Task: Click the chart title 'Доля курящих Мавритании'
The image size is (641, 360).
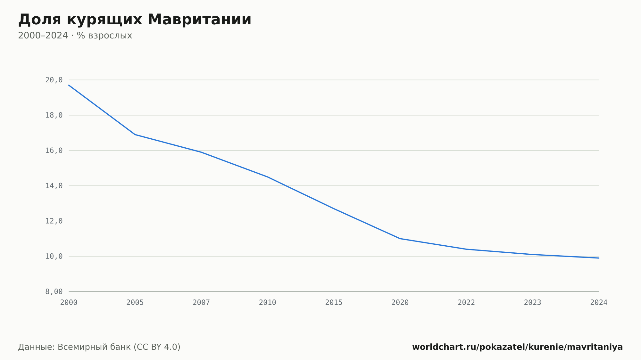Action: (135, 20)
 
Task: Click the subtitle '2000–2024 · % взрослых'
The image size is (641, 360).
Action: (75, 36)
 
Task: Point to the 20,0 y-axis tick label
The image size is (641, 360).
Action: (54, 80)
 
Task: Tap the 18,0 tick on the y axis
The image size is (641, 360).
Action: (54, 115)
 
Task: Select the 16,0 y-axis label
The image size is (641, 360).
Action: (54, 151)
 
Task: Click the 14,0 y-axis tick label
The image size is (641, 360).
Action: (54, 186)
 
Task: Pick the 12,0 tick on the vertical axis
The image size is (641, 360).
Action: (54, 221)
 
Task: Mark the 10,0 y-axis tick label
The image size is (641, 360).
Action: (54, 256)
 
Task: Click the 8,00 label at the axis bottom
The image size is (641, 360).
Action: (54, 291)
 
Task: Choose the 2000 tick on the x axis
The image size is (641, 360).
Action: (69, 303)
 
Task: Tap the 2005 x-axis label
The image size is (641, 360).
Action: (135, 303)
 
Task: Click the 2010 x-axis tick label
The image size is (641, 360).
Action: (268, 303)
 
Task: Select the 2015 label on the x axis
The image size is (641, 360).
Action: (334, 303)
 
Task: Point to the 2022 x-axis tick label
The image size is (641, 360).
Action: (466, 303)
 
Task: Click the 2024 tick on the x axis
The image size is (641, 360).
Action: (599, 303)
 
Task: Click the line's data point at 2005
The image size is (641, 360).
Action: (135, 135)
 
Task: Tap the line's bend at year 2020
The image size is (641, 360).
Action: (400, 239)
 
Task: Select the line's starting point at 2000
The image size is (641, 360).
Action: (69, 85)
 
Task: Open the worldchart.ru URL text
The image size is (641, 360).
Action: (517, 347)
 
